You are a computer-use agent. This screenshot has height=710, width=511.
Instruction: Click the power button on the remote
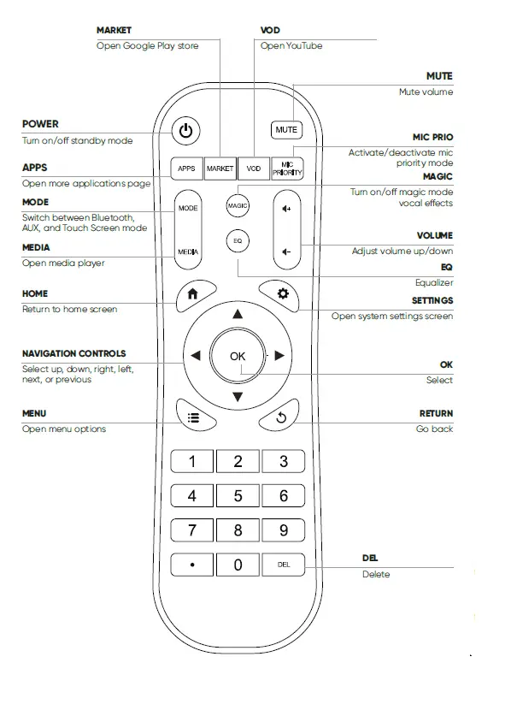186,131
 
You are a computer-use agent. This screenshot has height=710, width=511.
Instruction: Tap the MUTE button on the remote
286,130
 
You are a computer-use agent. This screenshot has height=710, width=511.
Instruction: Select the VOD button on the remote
253,169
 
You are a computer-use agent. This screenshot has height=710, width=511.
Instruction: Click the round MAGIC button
238,205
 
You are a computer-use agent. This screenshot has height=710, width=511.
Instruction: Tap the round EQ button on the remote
238,241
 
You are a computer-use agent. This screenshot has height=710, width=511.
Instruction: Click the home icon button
192,293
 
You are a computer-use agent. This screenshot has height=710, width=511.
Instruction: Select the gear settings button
282,293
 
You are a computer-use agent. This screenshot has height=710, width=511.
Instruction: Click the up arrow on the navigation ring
238,315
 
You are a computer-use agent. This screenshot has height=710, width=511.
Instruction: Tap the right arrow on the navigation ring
279,356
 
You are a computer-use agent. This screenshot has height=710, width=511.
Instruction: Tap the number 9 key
284,530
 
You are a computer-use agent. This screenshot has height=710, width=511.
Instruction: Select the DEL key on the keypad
284,565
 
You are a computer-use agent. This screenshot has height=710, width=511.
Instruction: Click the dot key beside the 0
191,565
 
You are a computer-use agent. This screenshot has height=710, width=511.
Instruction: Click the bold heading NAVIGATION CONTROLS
73,353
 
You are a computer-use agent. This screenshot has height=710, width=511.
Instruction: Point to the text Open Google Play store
147,46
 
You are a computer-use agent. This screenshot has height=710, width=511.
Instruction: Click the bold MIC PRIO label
432,137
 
